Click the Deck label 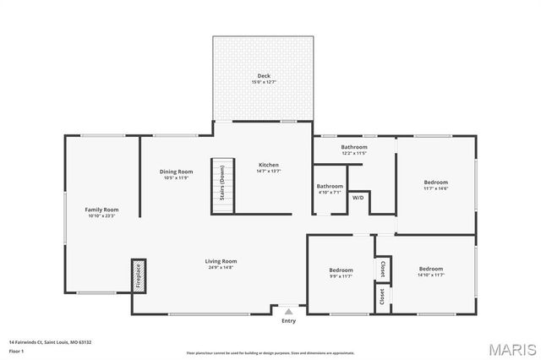[x=264, y=76]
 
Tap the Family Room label [x=101, y=209]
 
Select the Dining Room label [x=177, y=172]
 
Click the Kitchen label [x=268, y=165]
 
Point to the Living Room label [x=221, y=261]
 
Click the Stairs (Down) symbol [x=221, y=184]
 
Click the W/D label [x=358, y=198]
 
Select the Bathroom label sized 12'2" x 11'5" [x=353, y=147]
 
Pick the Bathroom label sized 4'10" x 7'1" [x=330, y=186]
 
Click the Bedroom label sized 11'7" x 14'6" [x=436, y=182]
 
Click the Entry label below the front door [x=289, y=321]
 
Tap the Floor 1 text [x=17, y=350]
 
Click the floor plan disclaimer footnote [x=270, y=352]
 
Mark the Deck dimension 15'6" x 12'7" [x=264, y=82]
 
